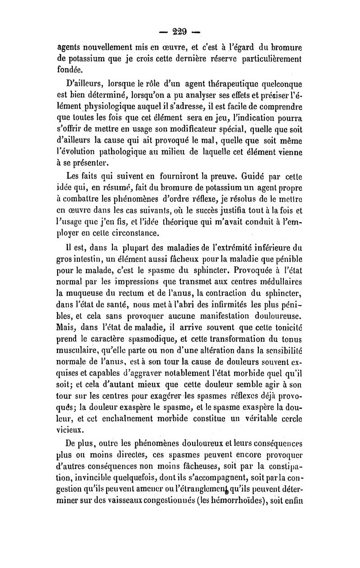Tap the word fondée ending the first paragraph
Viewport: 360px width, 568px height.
click(70, 69)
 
